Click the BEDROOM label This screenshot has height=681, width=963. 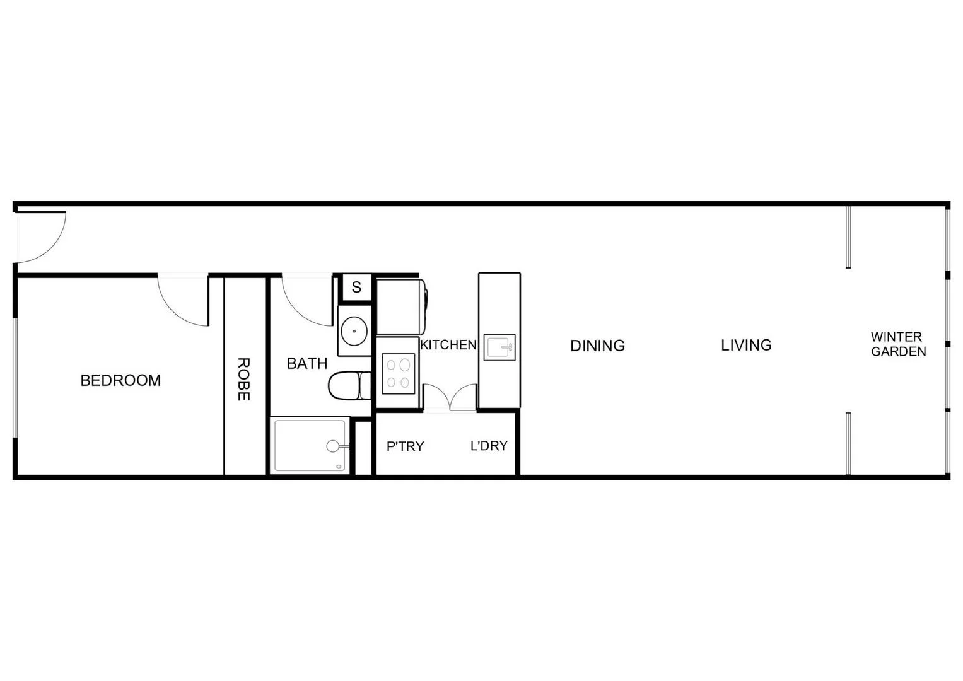click(x=120, y=380)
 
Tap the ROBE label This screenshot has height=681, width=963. click(x=244, y=379)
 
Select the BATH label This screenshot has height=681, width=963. click(x=307, y=363)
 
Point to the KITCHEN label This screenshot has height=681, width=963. click(x=448, y=345)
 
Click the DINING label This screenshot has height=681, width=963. click(x=597, y=346)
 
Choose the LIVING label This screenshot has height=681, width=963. click(x=746, y=345)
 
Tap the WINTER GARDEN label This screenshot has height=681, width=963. click(x=898, y=344)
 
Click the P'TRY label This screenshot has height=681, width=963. click(x=405, y=446)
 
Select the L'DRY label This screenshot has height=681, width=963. click(x=489, y=446)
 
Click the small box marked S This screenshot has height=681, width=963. click(x=356, y=288)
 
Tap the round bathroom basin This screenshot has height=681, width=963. click(x=354, y=330)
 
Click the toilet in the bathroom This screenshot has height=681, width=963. click(x=349, y=385)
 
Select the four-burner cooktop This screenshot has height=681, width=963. click(x=399, y=373)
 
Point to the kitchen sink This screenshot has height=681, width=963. click(x=499, y=347)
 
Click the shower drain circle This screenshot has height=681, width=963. click(x=333, y=446)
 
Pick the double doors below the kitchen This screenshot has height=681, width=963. click(x=449, y=399)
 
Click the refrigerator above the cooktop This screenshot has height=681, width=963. click(x=401, y=307)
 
